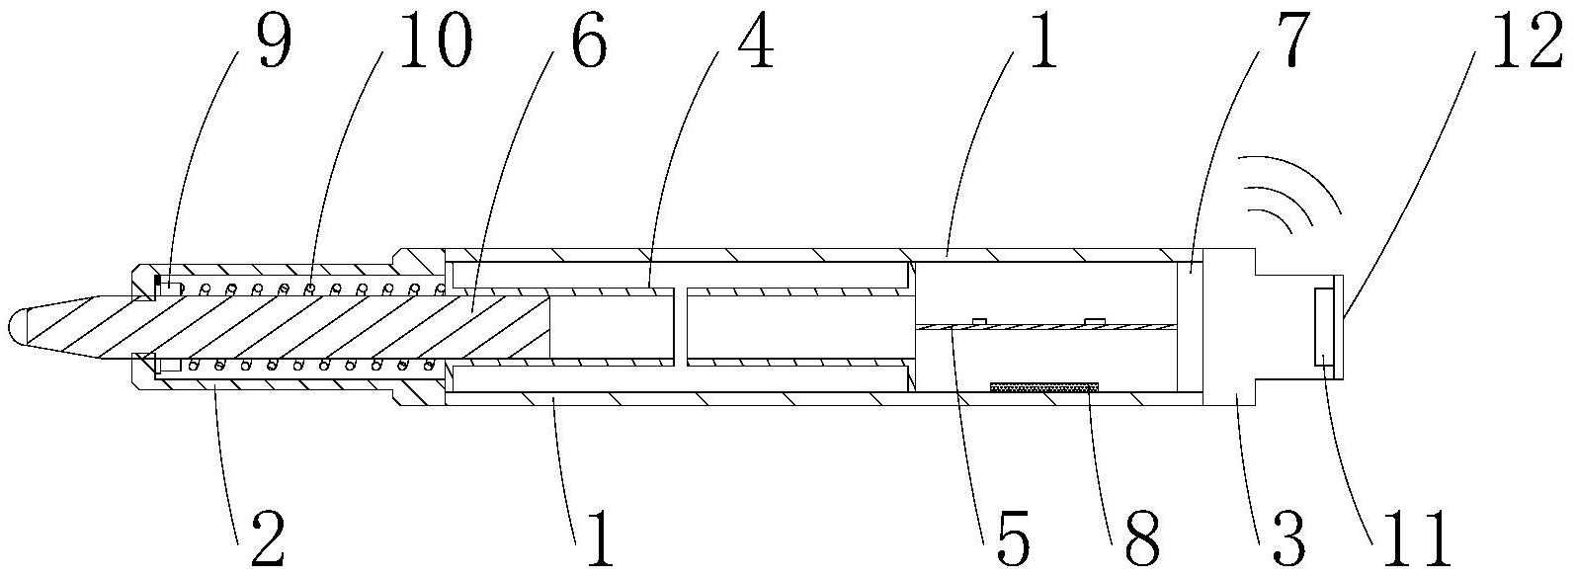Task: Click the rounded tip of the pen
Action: [18, 327]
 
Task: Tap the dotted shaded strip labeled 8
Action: [1044, 387]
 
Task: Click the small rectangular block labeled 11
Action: [1323, 326]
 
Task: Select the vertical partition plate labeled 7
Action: [1191, 326]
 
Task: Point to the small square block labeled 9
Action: [168, 288]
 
